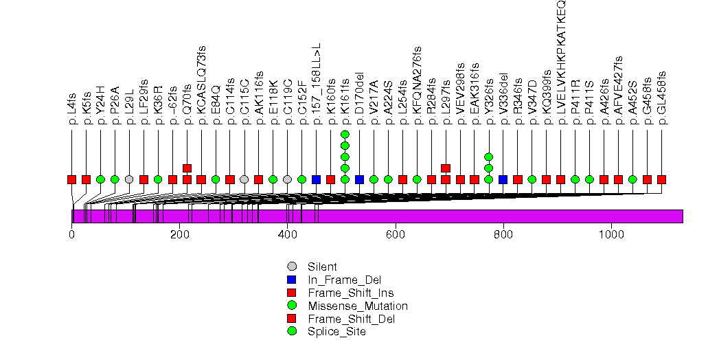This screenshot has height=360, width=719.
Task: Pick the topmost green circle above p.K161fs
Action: [x=345, y=134]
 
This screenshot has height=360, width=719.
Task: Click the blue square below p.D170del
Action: [x=360, y=179]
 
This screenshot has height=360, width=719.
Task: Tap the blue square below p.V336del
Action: [x=503, y=179]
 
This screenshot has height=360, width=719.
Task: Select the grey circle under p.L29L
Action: [x=129, y=179]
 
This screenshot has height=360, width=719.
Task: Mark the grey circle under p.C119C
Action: [x=288, y=179]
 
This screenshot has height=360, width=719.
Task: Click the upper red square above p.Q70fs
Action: [x=187, y=168]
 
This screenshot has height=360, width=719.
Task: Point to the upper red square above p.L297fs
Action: [x=446, y=168]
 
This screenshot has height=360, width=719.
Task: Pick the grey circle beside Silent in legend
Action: [x=293, y=267]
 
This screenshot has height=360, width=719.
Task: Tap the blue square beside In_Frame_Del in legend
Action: [x=293, y=280]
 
